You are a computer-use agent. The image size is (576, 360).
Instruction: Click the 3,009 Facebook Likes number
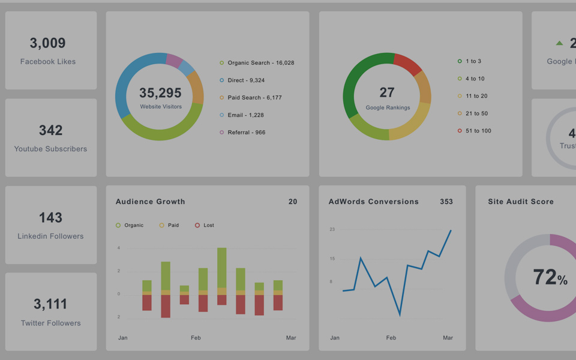coord(47,43)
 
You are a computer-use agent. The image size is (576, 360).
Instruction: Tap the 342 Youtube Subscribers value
coord(50,130)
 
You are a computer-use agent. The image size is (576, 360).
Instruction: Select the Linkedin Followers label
coord(50,236)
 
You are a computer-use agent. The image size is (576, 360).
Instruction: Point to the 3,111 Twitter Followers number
coord(50,304)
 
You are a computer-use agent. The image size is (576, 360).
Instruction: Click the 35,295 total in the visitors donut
coord(160,93)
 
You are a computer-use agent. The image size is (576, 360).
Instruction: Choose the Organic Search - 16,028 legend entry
coord(260,63)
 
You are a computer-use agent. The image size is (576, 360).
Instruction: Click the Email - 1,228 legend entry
coord(245,115)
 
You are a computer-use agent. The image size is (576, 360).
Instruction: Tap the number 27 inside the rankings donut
coord(387,92)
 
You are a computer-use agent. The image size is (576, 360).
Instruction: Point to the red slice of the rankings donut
coord(409,64)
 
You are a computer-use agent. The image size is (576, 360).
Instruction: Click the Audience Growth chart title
coord(151,202)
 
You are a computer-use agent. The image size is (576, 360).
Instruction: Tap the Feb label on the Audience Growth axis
coord(196,338)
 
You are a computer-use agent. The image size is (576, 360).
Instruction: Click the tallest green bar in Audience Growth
coord(222,267)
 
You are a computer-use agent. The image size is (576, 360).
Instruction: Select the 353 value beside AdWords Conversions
coord(446,202)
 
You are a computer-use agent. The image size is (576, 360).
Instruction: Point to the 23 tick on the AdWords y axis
coord(332,229)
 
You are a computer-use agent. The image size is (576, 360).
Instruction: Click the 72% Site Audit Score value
coord(550,277)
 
